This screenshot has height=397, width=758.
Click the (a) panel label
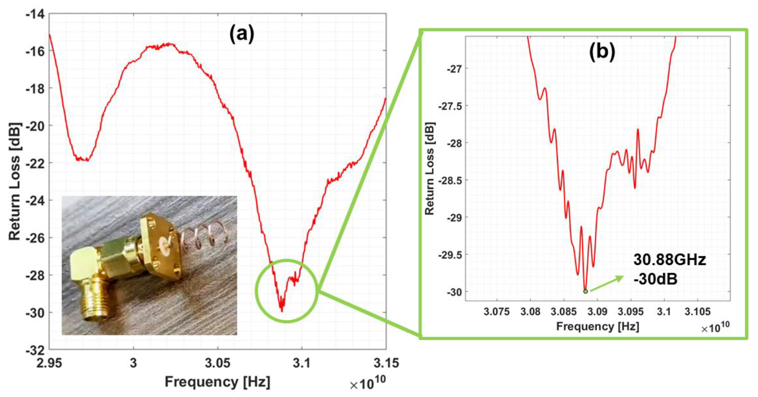pos(242,35)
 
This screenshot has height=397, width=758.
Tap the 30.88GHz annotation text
pos(670,260)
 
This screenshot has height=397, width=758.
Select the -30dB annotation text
pos(656,279)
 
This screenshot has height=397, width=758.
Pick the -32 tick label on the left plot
pos(35,350)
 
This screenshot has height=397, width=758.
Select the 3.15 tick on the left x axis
pos(386,363)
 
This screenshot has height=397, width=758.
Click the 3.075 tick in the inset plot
pos(497,312)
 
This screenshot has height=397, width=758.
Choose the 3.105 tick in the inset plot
pos(697,312)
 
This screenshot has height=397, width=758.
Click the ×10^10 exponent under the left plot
pos(367,383)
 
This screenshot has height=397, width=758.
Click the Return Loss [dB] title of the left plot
pos(15,182)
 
